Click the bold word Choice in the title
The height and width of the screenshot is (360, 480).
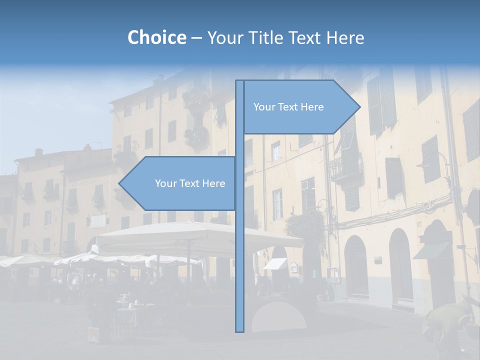[x=156, y=37]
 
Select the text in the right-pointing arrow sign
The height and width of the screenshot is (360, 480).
[x=288, y=107]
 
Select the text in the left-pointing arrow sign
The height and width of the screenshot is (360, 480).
[x=190, y=183]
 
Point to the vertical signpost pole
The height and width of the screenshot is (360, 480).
[x=240, y=250]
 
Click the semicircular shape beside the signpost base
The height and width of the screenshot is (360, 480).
[x=278, y=317]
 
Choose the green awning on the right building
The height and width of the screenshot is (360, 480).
[x=431, y=250]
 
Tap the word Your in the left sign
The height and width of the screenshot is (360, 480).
[x=165, y=183]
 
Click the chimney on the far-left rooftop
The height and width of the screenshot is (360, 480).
[x=38, y=152]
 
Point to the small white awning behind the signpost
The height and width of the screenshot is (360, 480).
[x=275, y=263]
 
